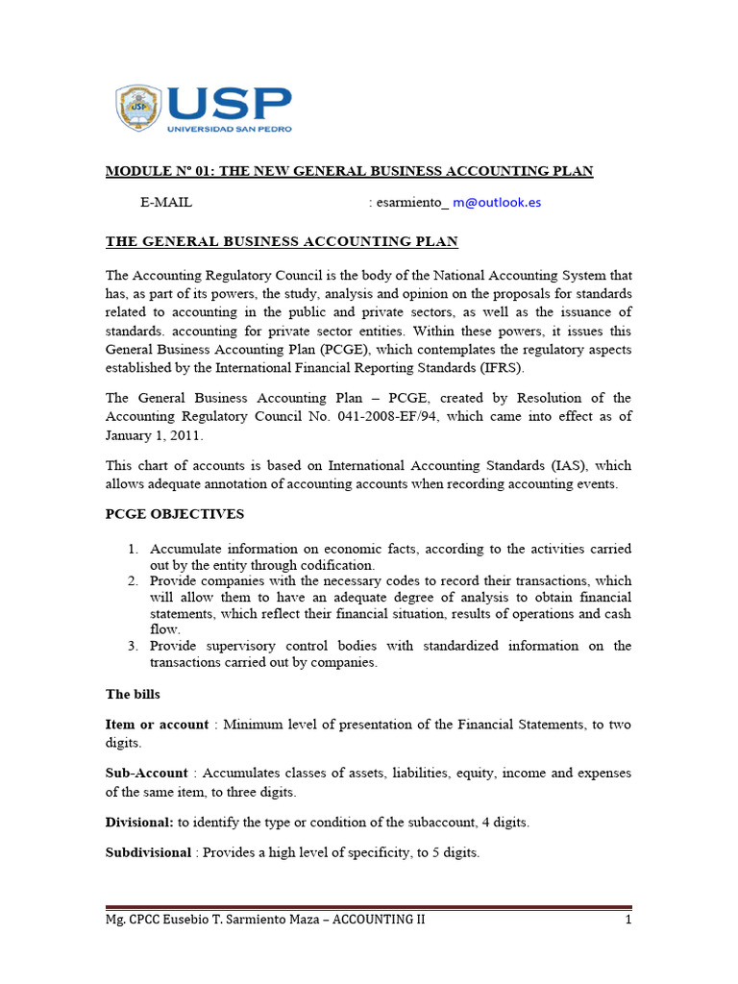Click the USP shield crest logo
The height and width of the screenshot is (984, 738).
[x=139, y=108]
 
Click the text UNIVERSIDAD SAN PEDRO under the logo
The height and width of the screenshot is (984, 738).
[x=230, y=127]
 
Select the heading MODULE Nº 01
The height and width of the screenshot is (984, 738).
[x=349, y=171]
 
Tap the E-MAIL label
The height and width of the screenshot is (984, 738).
[x=166, y=203]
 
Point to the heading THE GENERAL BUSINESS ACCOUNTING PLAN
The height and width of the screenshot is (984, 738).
[x=282, y=240]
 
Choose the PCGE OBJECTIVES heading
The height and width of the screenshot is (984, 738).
[x=175, y=514]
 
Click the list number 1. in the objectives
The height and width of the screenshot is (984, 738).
[x=134, y=549]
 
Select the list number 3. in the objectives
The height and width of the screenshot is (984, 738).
[x=134, y=646]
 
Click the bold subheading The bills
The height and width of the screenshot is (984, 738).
[x=133, y=694]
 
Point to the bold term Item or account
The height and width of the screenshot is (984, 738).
[x=157, y=725]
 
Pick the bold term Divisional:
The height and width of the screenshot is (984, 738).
[x=139, y=823]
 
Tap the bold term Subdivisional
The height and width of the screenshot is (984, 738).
[x=148, y=853]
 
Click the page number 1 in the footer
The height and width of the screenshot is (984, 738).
[x=627, y=920]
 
